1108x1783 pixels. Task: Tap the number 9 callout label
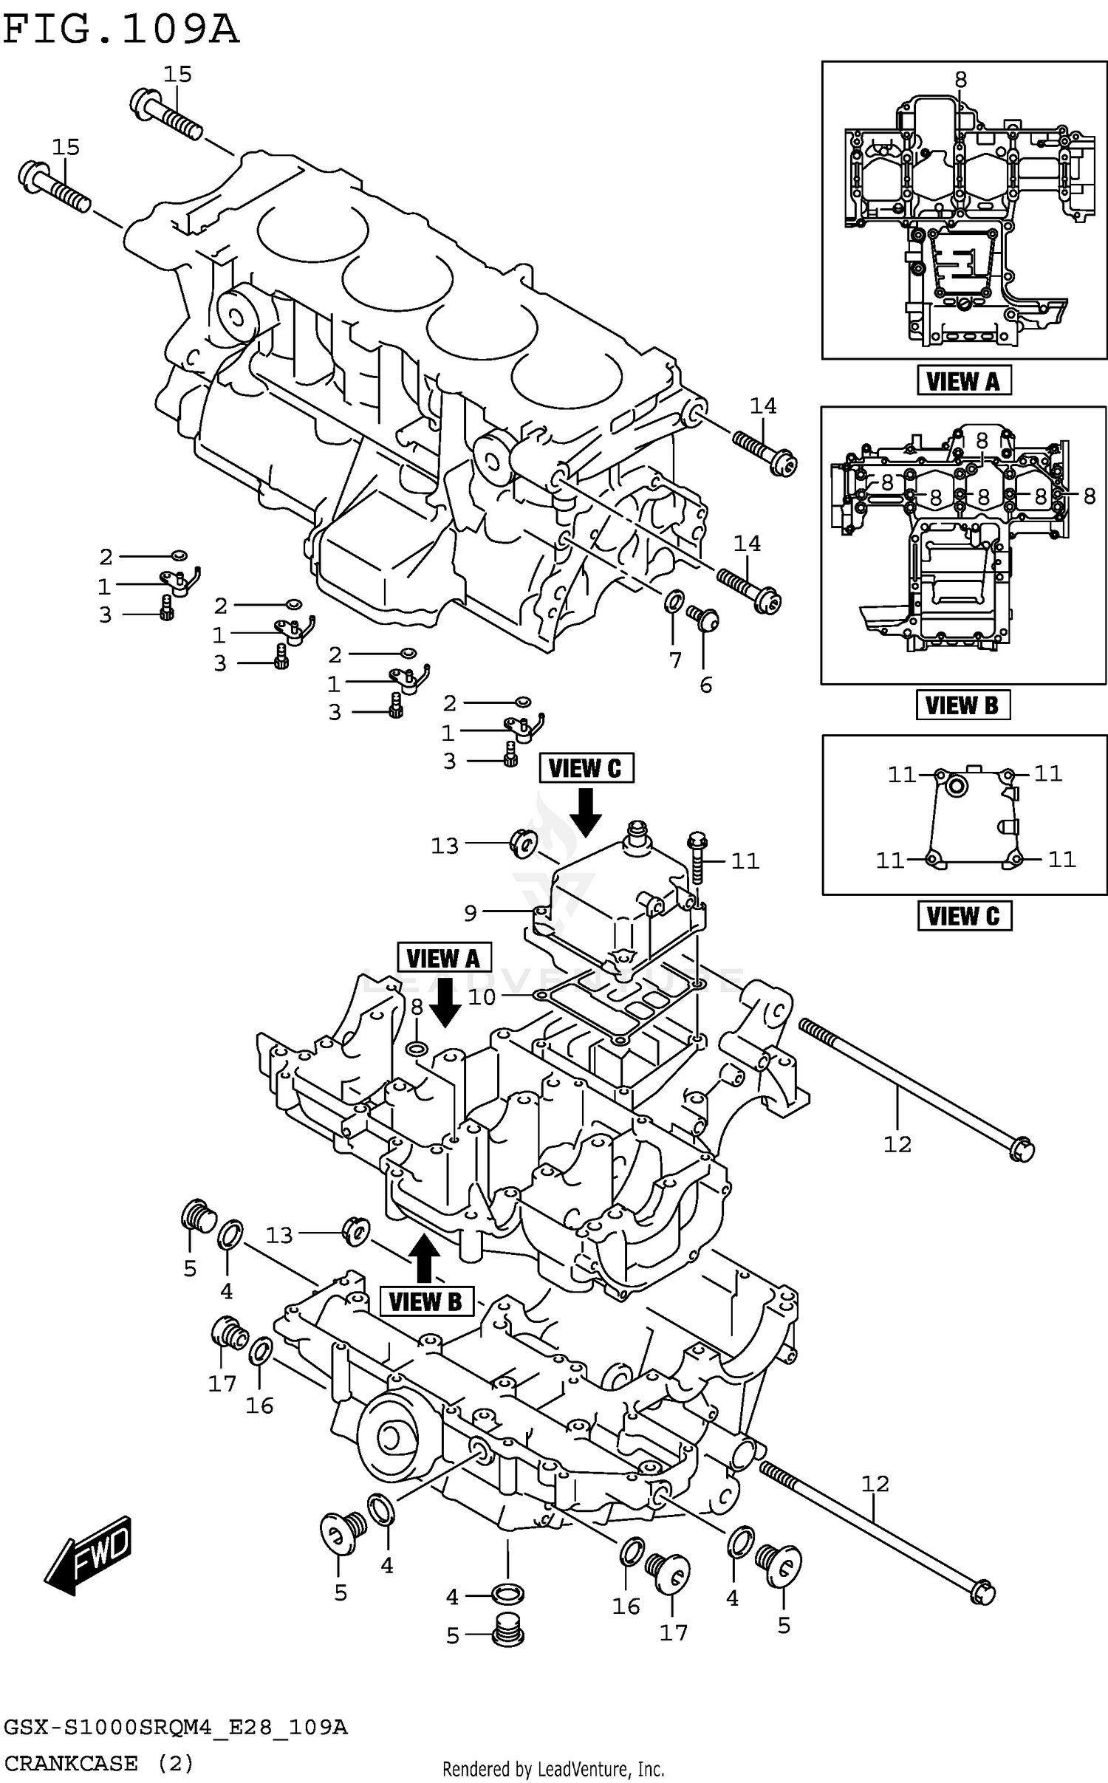tap(471, 914)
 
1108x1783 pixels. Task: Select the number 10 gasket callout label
tap(482, 997)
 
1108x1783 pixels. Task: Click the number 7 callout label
tap(675, 660)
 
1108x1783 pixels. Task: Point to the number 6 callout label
tap(706, 685)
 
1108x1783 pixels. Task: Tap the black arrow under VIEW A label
tap(445, 1002)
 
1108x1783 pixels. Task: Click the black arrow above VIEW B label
tap(424, 1258)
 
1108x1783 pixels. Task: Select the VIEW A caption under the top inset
tap(963, 381)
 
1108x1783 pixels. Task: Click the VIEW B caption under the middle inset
tap(962, 705)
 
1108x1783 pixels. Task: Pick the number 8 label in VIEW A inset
tap(960, 79)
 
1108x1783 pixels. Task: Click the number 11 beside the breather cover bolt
tap(745, 861)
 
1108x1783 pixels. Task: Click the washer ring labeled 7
tap(674, 602)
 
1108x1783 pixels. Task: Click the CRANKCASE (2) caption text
tap(98, 1763)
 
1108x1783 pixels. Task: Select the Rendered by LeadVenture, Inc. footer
tap(553, 1769)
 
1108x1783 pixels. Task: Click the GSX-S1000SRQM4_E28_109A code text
tap(175, 1727)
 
